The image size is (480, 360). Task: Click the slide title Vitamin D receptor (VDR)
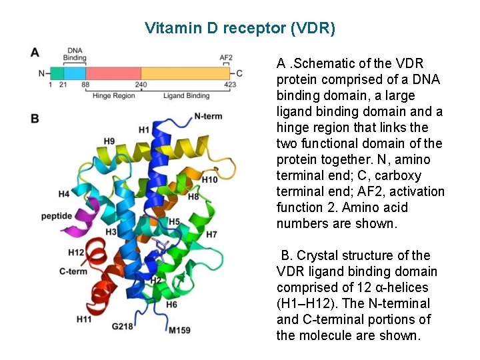tap(240, 29)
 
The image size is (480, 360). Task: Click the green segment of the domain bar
tap(57, 73)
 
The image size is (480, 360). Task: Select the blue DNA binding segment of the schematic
tap(75, 73)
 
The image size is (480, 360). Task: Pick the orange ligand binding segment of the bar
tap(184, 73)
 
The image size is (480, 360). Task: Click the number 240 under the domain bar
tap(141, 85)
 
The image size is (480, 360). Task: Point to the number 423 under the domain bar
tap(230, 85)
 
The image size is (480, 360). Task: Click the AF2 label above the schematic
tap(226, 57)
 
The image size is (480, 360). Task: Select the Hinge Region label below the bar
tap(114, 96)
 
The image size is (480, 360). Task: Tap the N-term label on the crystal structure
tap(208, 116)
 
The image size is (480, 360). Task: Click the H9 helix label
tap(109, 141)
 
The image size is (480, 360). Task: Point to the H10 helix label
tap(209, 180)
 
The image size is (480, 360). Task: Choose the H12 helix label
tap(76, 252)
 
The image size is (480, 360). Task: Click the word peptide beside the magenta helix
tap(57, 215)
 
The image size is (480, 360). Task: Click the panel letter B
tap(35, 119)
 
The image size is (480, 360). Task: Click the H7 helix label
tap(211, 235)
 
